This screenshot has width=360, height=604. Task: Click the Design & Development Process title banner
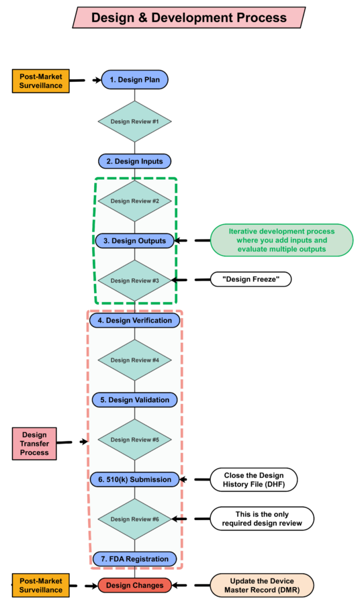[189, 17]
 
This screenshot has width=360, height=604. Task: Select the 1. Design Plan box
[134, 80]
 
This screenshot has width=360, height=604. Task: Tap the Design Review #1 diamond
[134, 121]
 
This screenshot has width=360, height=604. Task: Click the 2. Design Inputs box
[134, 161]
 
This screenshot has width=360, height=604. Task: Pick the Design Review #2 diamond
[134, 201]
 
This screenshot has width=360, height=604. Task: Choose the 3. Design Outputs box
[134, 240]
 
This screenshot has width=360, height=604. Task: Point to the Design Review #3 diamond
[134, 281]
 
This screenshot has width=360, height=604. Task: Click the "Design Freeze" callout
[251, 279]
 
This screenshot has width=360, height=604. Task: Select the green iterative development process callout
[281, 240]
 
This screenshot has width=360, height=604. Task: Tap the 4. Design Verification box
[134, 321]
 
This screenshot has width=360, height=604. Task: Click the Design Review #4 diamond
[134, 360]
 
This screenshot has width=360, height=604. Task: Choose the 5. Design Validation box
[134, 400]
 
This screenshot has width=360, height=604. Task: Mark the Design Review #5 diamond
[134, 440]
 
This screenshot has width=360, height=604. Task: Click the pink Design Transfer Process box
[34, 444]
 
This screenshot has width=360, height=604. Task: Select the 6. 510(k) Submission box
[134, 479]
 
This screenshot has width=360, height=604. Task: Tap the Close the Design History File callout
[253, 479]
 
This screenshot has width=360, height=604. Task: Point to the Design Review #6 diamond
[134, 519]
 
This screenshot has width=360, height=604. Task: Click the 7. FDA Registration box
[134, 558]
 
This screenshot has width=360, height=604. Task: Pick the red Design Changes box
[134, 585]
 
